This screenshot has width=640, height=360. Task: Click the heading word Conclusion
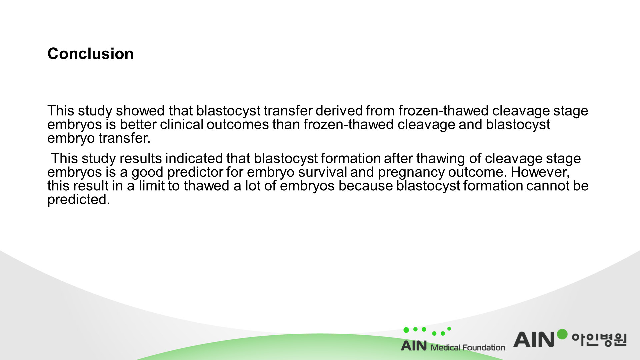(x=90, y=54)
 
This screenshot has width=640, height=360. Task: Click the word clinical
(x=182, y=124)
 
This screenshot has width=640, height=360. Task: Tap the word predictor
(x=195, y=172)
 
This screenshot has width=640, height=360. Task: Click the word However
(x=540, y=172)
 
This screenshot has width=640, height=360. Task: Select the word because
(x=366, y=186)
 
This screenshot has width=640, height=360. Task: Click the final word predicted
(x=79, y=200)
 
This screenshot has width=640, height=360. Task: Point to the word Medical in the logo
(x=445, y=348)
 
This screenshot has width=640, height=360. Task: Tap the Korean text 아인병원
(x=599, y=340)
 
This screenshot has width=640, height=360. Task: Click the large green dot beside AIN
(x=562, y=334)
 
